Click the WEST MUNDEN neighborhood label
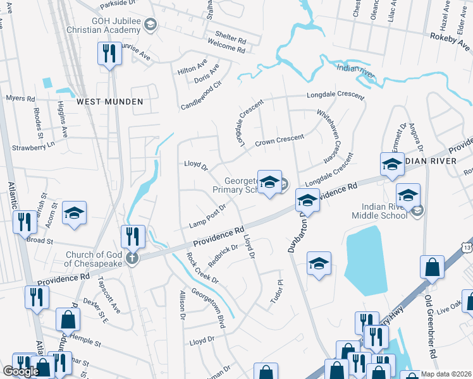tap(109, 101)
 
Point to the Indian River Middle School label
tap(384, 210)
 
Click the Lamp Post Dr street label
tap(207, 217)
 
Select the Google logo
tap(21, 371)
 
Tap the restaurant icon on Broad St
tap(24, 223)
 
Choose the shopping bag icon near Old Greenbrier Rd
tap(432, 268)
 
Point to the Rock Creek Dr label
tap(202, 268)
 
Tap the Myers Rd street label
tap(21, 99)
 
